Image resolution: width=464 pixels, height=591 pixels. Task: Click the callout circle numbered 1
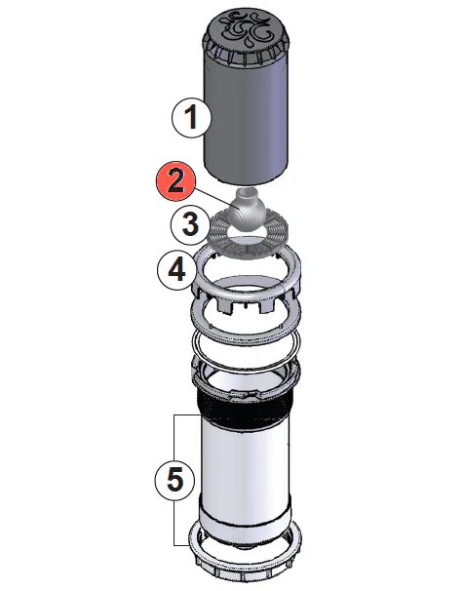192,119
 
